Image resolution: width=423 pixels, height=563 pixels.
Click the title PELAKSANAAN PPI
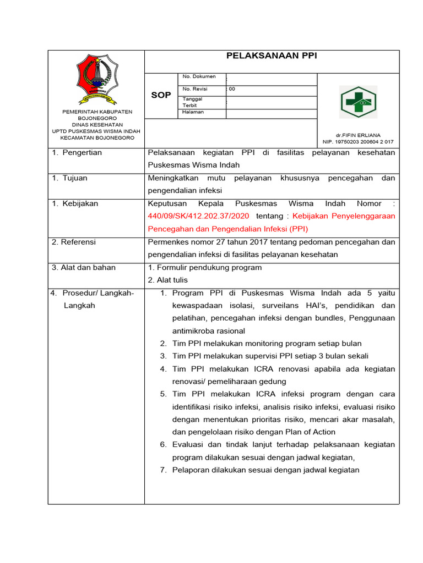pos(272,56)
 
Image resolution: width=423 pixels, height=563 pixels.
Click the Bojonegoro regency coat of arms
pos(96,79)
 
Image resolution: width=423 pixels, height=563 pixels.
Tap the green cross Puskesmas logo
pos(358,103)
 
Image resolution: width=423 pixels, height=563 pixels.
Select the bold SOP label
pos(161,95)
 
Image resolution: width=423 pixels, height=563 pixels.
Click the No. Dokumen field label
pos(199,77)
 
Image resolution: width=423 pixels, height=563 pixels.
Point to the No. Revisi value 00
pos(232,89)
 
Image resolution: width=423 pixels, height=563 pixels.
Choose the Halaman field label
pos(193,112)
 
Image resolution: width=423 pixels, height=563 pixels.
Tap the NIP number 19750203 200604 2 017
pos(358,142)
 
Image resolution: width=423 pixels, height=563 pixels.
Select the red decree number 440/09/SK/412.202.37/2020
pos(198,216)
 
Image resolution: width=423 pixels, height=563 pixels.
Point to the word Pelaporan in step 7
pos(189,470)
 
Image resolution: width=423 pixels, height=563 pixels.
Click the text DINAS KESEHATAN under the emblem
pos(96,125)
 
